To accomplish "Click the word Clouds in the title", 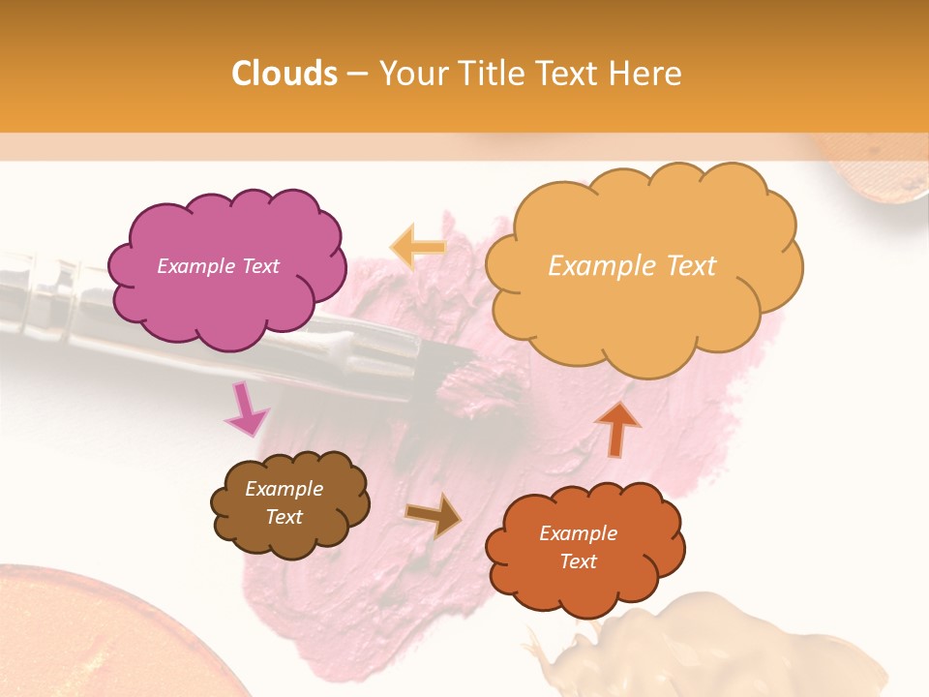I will tap(285, 74).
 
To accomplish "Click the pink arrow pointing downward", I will tap(246, 409).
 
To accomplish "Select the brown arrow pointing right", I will tap(433, 516).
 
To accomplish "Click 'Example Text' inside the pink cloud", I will tap(218, 266).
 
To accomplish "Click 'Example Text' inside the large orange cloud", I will tap(632, 266).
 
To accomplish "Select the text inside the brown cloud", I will tap(285, 502).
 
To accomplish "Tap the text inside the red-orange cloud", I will tap(579, 547).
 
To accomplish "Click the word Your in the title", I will tap(415, 74).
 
